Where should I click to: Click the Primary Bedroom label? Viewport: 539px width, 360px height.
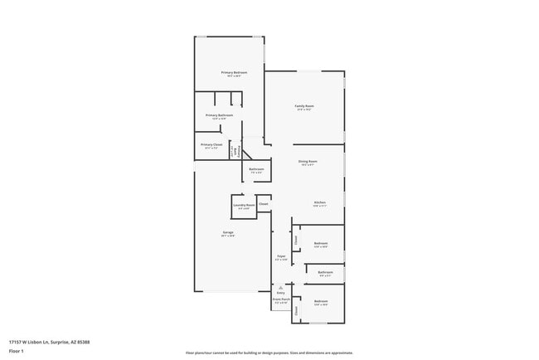tap(234, 73)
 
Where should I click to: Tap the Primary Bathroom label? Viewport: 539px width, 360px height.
tap(219, 115)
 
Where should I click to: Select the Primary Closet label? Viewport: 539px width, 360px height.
tap(211, 144)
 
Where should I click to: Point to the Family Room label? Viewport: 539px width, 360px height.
tap(304, 106)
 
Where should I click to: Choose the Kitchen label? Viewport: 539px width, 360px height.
tap(319, 202)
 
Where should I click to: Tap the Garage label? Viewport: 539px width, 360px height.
tap(227, 232)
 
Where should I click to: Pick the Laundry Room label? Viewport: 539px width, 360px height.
tap(243, 204)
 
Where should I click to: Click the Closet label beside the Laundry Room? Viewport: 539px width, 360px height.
tap(263, 203)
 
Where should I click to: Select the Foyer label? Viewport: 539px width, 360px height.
tap(282, 256)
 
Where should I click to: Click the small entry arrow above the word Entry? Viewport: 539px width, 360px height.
tap(279, 287)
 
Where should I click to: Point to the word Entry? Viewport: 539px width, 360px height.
tap(280, 293)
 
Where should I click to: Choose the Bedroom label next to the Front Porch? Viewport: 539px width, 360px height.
tap(321, 301)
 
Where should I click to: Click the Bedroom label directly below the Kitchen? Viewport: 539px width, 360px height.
tap(321, 244)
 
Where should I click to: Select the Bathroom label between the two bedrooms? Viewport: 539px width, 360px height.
tap(325, 272)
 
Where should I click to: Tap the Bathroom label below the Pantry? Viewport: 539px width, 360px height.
tap(255, 169)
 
